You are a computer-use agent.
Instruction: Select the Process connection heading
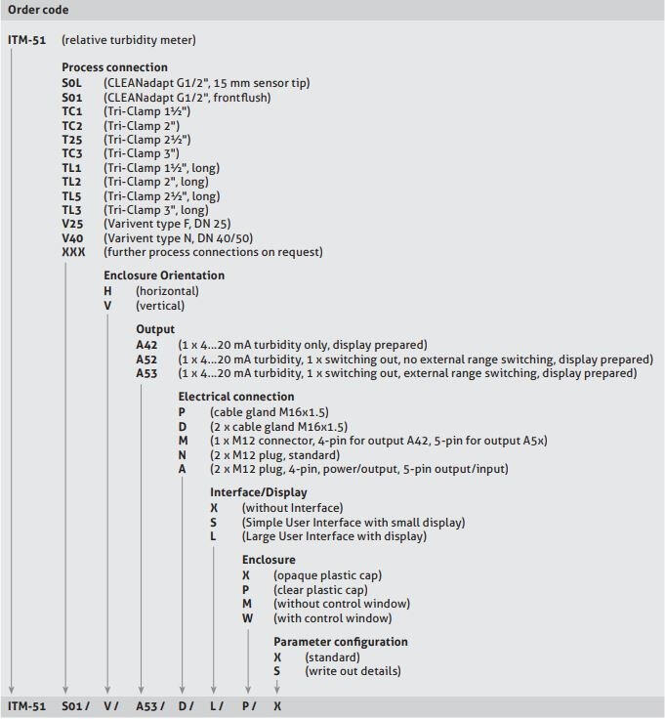tap(115, 67)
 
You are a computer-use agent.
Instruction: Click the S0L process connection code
tap(72, 83)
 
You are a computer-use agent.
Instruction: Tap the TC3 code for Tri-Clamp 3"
tap(72, 153)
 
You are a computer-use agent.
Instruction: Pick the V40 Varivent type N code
tap(73, 238)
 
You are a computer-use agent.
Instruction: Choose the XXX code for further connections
tap(74, 252)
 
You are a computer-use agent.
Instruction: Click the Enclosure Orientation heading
tap(164, 275)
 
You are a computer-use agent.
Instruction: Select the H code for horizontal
tap(108, 291)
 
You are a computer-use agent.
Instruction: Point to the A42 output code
tap(146, 345)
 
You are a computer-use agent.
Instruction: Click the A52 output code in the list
tap(146, 359)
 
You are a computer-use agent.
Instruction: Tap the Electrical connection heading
tap(235, 397)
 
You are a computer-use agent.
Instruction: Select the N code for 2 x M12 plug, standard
tap(183, 455)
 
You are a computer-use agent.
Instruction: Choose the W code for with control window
tap(247, 618)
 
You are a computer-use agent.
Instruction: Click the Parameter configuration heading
tap(341, 642)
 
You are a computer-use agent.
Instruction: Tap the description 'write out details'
tap(353, 671)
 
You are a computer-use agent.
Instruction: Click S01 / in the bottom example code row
tap(76, 705)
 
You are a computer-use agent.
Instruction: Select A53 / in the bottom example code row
tap(150, 705)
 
